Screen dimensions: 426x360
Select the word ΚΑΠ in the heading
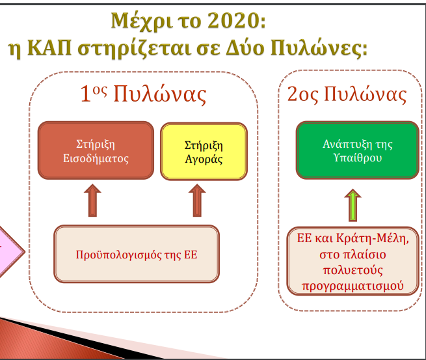[49, 48]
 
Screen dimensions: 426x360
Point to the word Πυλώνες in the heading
[319, 48]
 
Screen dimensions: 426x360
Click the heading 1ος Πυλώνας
[144, 94]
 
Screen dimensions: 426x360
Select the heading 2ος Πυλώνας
[347, 94]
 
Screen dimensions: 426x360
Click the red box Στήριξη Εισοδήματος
[96, 150]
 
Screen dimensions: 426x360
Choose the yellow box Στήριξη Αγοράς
[204, 151]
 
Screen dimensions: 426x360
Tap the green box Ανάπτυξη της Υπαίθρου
[357, 150]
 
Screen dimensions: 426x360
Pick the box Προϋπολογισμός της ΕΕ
[137, 254]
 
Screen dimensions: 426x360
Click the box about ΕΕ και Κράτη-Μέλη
[353, 261]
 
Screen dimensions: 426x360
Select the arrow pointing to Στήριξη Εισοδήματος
[92, 201]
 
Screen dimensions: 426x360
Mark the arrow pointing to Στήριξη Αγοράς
[197, 201]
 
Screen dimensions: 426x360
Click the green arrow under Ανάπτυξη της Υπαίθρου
[353, 205]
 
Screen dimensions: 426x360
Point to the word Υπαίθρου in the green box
[358, 158]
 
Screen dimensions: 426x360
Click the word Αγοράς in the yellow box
[204, 159]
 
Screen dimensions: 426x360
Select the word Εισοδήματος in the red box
[96, 158]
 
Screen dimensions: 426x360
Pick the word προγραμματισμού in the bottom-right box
[353, 286]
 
